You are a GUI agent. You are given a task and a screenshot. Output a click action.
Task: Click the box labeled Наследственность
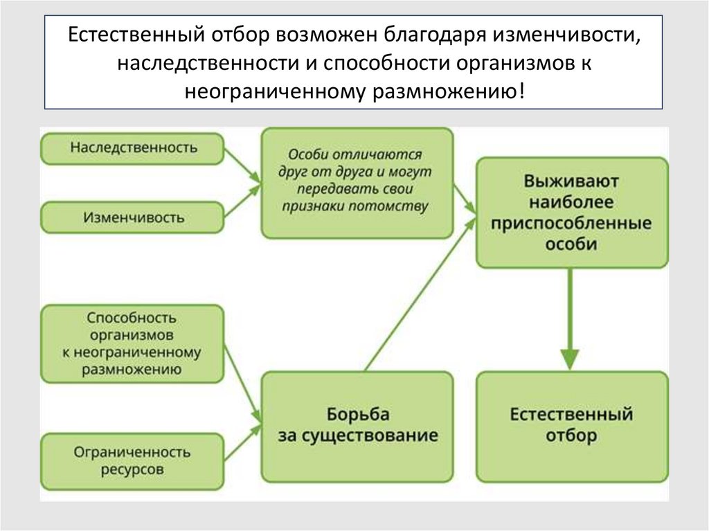[x=133, y=147]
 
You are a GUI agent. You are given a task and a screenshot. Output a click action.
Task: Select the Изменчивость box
[x=133, y=217]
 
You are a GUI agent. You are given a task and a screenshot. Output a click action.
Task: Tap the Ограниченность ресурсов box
[x=133, y=460]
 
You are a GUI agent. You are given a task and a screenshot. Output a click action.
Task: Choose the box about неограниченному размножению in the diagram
[x=133, y=344]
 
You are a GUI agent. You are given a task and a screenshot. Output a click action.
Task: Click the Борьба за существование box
[x=357, y=426]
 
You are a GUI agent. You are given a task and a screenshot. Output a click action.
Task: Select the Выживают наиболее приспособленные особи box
[x=572, y=213]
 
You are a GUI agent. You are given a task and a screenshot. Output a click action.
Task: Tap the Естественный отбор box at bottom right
[x=572, y=426]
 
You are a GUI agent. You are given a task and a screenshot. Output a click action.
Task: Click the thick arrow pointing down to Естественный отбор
[x=570, y=318]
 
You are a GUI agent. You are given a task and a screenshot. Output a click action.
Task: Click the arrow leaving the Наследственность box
[x=242, y=165]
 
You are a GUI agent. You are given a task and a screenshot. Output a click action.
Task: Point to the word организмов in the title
[x=510, y=64]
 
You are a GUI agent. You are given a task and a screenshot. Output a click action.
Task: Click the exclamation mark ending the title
[x=521, y=91]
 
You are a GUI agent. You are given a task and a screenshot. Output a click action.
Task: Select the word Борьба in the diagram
[x=357, y=415]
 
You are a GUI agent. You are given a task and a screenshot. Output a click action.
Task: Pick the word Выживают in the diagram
[x=572, y=183]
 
